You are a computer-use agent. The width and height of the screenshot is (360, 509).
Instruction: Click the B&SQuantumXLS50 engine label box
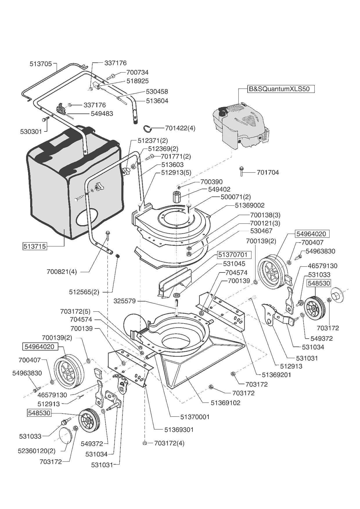click(281, 89)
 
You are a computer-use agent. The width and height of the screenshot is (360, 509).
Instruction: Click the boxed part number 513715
click(35, 246)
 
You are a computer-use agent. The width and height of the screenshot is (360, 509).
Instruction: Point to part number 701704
click(268, 173)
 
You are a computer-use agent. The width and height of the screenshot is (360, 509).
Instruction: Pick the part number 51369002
click(250, 205)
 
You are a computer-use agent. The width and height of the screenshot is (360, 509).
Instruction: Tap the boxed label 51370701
click(233, 255)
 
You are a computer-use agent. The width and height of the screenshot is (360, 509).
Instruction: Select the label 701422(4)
click(180, 128)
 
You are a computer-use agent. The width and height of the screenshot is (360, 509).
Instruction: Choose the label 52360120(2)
click(37, 451)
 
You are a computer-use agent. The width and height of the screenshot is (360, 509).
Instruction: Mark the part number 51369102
click(226, 403)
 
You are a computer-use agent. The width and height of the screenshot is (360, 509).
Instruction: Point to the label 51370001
click(195, 417)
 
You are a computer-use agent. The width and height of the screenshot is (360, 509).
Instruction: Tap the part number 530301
click(31, 132)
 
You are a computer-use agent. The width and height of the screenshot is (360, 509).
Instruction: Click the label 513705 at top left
click(41, 64)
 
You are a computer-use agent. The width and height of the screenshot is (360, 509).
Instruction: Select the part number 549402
click(219, 189)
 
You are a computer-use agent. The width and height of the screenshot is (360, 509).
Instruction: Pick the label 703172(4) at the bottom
click(169, 443)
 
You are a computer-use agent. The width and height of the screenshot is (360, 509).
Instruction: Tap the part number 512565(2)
click(84, 292)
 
